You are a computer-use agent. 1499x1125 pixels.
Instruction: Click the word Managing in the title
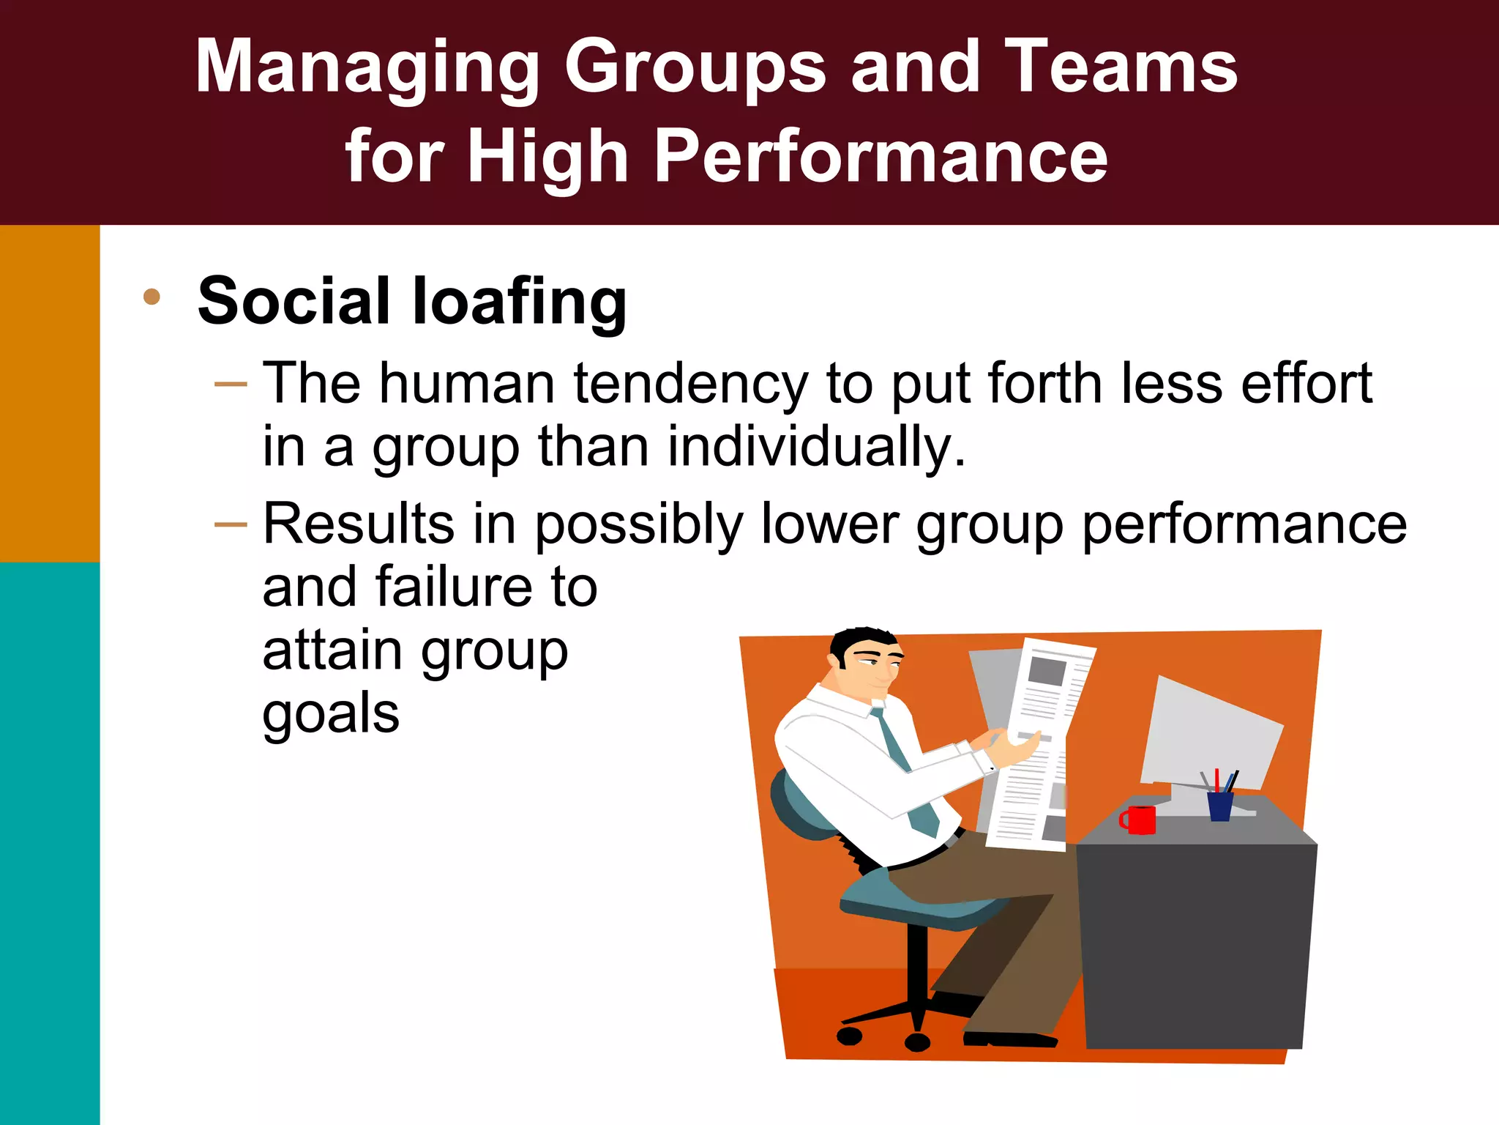(366, 67)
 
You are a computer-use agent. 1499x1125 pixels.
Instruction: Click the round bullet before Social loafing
(152, 297)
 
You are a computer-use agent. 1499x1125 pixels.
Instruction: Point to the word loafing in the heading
(519, 301)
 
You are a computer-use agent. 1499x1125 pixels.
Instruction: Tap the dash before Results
(231, 524)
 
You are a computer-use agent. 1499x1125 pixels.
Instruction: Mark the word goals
(331, 714)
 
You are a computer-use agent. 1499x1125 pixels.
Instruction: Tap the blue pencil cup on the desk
(1219, 806)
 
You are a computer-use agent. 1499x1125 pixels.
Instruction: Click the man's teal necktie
(904, 769)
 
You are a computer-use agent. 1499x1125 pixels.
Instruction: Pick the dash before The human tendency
(231, 384)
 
